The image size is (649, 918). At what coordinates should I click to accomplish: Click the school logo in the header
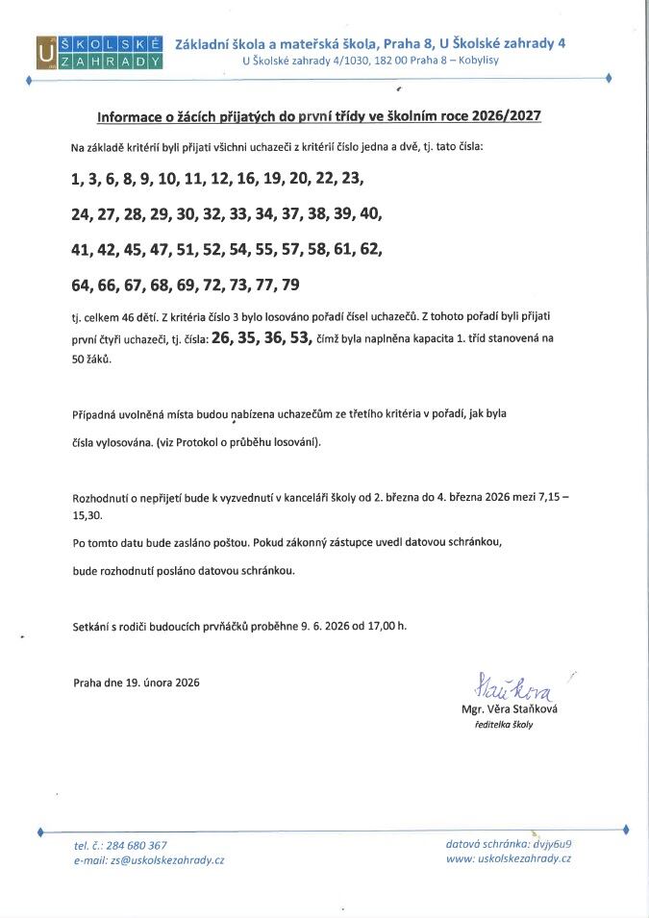pyautogui.click(x=99, y=52)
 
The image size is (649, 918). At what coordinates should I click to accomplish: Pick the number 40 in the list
pyautogui.click(x=370, y=213)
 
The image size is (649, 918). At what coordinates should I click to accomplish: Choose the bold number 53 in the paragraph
pyautogui.click(x=300, y=337)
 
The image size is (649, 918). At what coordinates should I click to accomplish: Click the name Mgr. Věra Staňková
pyautogui.click(x=510, y=708)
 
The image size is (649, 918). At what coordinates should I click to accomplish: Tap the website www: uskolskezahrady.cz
pyautogui.click(x=509, y=858)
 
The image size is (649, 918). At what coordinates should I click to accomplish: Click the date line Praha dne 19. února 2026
pyautogui.click(x=137, y=682)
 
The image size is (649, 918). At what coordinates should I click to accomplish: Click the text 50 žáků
pyautogui.click(x=91, y=359)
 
